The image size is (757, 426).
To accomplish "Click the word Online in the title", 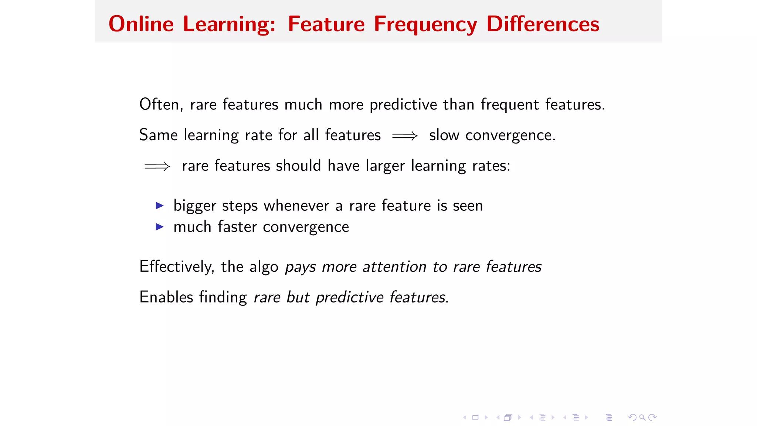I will click(x=141, y=24).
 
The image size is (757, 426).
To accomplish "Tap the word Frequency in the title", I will click(x=425, y=25).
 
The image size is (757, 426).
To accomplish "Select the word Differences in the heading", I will click(x=542, y=24).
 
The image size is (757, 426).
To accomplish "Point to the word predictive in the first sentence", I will click(x=403, y=105).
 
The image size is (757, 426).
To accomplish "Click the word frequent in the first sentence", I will click(x=510, y=105).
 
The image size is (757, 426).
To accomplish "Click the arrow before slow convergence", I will click(x=405, y=136).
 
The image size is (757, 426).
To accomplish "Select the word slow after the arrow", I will click(x=444, y=135).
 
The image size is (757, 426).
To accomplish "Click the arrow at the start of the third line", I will click(x=157, y=166).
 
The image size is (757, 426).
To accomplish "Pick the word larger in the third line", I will click(x=385, y=166).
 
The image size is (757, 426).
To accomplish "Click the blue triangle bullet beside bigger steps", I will click(x=160, y=206).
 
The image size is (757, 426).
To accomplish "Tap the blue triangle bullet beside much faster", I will click(x=160, y=227).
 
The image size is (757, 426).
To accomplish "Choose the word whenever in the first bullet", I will click(x=296, y=206).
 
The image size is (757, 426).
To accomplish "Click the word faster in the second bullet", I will click(x=237, y=227).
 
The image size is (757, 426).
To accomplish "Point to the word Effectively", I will click(x=176, y=267).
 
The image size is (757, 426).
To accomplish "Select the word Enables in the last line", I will click(x=166, y=297).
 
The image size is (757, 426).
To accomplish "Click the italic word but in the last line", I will click(x=298, y=297).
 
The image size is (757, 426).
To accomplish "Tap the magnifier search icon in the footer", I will click(x=642, y=417).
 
